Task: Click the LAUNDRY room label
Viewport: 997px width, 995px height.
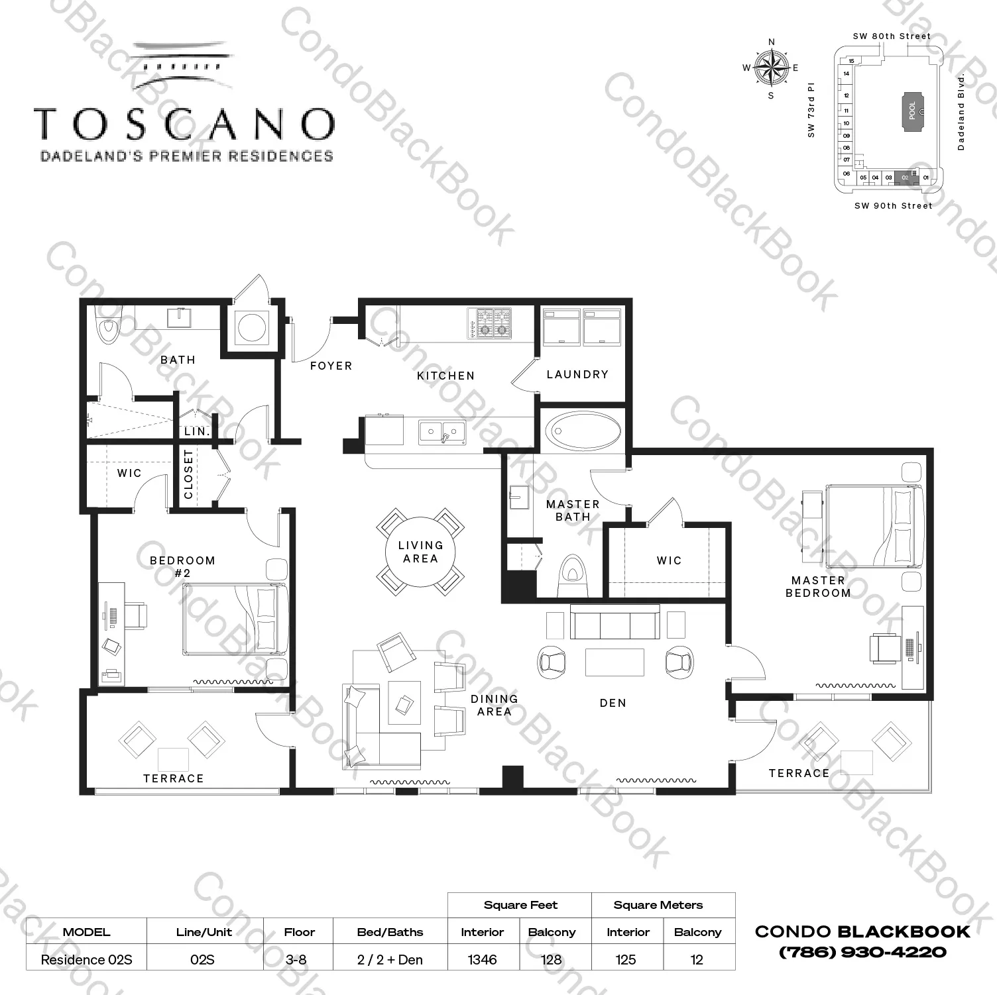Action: pos(577,374)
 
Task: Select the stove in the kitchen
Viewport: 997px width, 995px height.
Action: pos(490,323)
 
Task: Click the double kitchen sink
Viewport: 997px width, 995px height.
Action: pos(441,433)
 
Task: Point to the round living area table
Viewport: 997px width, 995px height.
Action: pos(420,552)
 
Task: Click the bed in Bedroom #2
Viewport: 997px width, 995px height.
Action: pos(235,619)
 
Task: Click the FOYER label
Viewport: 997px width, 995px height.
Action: pos(331,366)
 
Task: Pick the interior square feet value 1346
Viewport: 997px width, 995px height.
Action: pos(482,959)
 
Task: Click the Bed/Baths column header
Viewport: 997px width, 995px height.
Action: pos(390,932)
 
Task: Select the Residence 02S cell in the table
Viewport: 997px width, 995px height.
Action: pos(86,959)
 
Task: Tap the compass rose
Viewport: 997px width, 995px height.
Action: pos(771,68)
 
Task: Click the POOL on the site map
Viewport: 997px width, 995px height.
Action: pos(912,110)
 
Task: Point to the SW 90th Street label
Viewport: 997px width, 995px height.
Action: pos(893,206)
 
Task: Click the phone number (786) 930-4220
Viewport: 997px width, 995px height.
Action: pos(862,953)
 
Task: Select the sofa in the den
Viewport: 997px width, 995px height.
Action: pos(615,623)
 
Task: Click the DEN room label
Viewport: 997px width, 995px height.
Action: pos(613,703)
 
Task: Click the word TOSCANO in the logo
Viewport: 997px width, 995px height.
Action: pos(184,124)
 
